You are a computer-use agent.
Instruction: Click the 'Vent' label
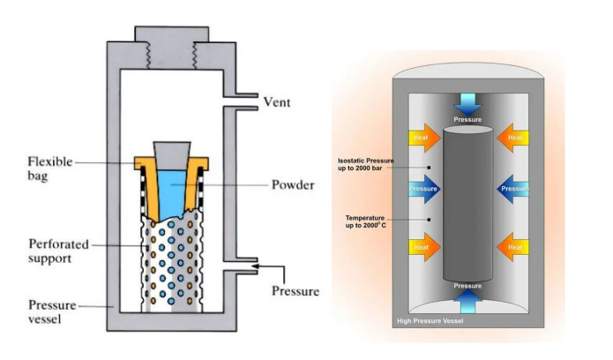pos(279,102)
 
